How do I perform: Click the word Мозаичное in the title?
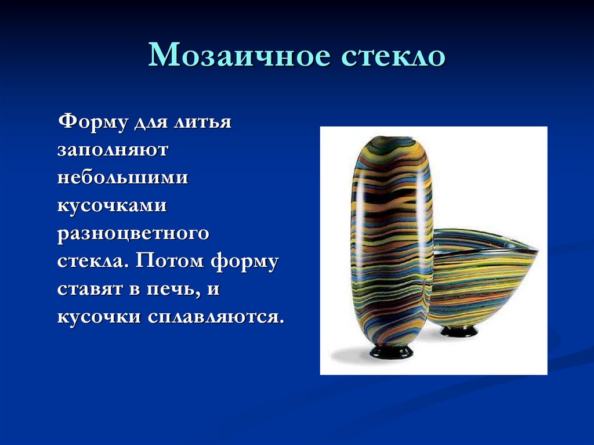[x=239, y=57]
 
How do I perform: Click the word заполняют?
[x=113, y=151]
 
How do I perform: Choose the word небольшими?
[x=122, y=178]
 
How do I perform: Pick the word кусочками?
[x=112, y=205]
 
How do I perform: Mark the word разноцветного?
[x=133, y=233]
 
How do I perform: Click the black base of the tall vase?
[x=392, y=352]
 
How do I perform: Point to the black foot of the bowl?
[x=459, y=331]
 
